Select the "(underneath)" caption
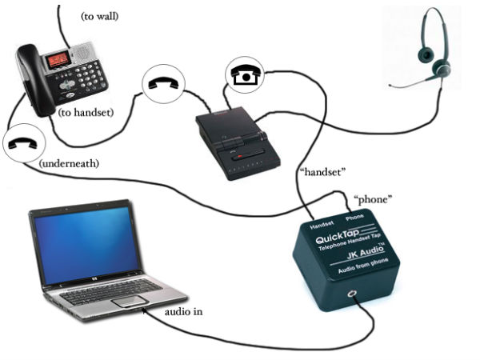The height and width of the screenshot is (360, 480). tap(69, 163)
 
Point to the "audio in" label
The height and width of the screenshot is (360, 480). tap(182, 311)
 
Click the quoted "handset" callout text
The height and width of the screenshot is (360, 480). tap(322, 171)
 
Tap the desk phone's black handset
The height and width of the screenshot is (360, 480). tap(30, 76)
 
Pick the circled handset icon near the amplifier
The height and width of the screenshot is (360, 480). tap(163, 84)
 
